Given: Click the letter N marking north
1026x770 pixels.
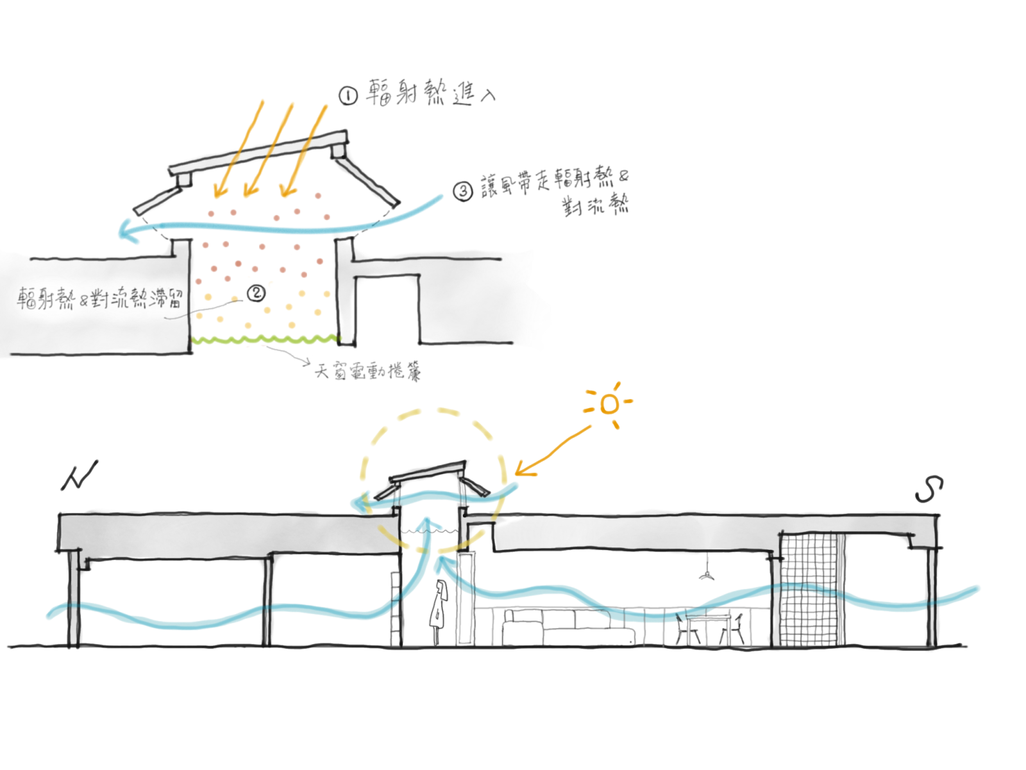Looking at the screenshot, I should click(x=80, y=476).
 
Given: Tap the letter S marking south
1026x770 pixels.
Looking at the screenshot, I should click(x=929, y=490).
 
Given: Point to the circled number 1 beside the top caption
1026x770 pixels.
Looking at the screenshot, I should click(x=348, y=96).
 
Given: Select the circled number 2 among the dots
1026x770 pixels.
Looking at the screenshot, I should click(x=256, y=293).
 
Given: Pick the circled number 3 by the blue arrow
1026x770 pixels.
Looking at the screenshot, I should click(x=462, y=190).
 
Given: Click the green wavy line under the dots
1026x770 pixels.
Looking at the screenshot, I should click(x=266, y=339).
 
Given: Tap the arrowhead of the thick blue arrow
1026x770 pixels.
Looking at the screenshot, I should click(x=128, y=230).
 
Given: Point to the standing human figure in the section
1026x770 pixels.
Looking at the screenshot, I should click(x=438, y=610).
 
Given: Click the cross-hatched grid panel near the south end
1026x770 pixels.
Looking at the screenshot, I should click(x=810, y=590).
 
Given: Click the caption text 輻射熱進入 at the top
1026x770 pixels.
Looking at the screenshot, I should click(x=430, y=94).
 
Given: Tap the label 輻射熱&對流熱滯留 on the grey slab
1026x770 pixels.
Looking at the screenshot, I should click(x=99, y=298).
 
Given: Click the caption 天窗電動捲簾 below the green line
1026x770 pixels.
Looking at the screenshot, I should click(x=368, y=370).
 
